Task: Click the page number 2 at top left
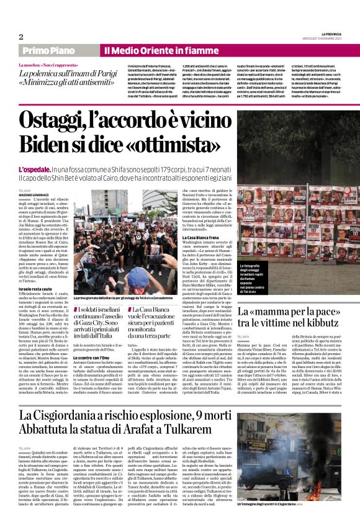pyautogui.click(x=21, y=37)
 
